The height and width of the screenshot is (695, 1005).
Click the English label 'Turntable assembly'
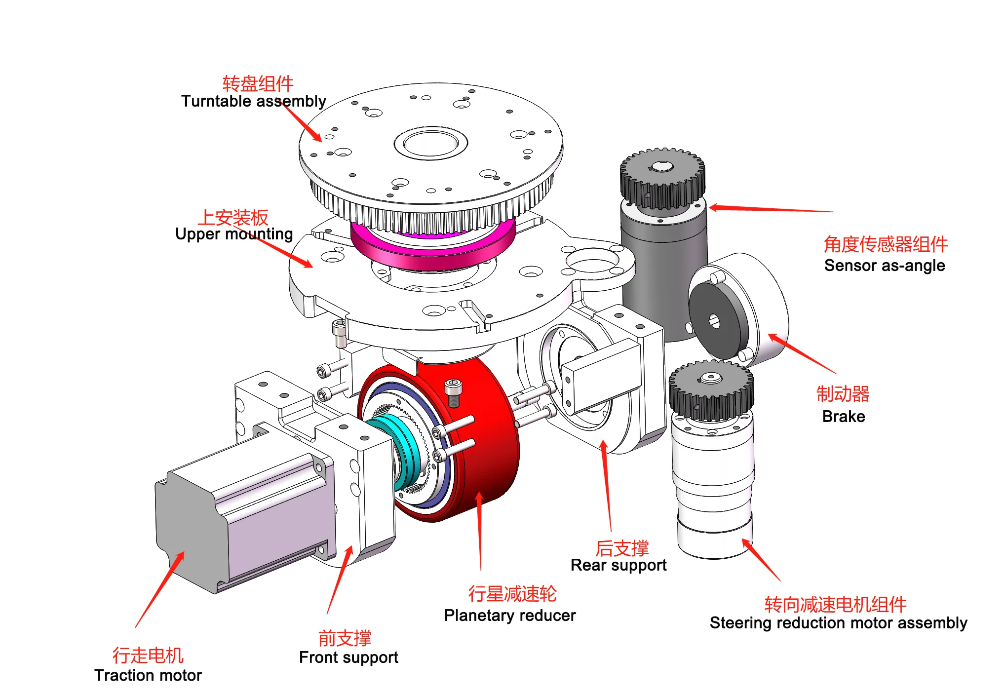click(x=254, y=101)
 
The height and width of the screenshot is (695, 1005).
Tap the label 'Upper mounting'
click(x=234, y=233)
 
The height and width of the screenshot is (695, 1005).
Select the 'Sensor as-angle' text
click(x=885, y=266)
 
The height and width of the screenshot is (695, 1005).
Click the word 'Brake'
click(x=844, y=417)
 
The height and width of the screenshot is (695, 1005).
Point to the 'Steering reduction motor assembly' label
click(x=838, y=623)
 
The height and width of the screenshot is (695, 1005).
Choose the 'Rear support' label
click(x=618, y=565)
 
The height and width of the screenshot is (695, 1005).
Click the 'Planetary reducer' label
click(x=510, y=616)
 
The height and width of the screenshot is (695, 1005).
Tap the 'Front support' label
click(x=348, y=657)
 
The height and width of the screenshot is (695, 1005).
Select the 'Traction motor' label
click(x=148, y=675)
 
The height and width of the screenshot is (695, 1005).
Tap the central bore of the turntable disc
click(x=431, y=143)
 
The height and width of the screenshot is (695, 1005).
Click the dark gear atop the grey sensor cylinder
click(x=662, y=179)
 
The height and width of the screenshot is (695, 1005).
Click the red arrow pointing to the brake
click(x=802, y=353)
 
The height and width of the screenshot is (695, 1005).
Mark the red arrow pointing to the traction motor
click(x=160, y=589)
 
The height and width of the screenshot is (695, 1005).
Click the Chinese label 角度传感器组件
click(x=886, y=244)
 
